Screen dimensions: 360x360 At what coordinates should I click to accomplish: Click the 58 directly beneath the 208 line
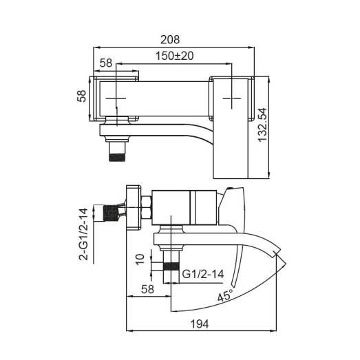[x=105, y=63]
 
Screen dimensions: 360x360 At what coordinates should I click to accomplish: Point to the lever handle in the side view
[x=235, y=207]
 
